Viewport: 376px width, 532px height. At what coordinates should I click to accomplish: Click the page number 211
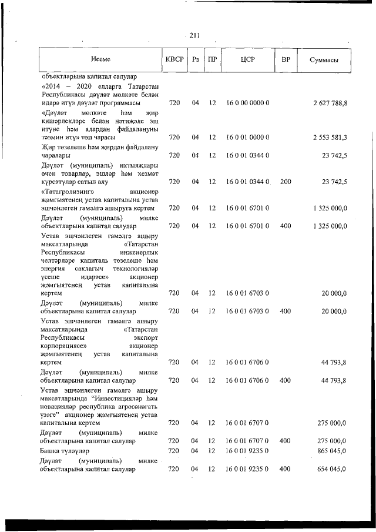pos(195,36)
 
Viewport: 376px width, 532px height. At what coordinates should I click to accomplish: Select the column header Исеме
pos(100,59)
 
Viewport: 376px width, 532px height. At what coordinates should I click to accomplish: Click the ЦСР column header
pos(247,59)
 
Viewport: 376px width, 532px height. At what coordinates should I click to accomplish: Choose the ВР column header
pos(286,59)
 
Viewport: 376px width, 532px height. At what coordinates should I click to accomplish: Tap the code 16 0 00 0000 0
pos(247,103)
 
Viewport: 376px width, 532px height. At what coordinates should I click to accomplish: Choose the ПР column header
pos(213,59)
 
